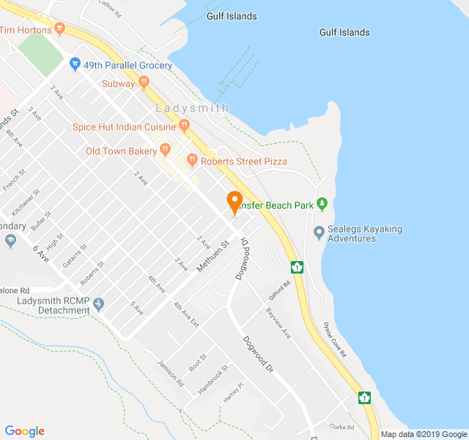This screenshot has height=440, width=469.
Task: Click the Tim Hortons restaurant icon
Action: click(59, 29)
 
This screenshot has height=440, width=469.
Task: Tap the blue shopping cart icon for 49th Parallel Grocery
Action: click(75, 65)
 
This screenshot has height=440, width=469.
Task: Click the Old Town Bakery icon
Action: click(166, 150)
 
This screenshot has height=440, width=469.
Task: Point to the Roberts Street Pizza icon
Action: click(192, 160)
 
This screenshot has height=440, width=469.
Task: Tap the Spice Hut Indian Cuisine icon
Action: click(184, 126)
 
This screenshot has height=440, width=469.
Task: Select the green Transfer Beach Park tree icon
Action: click(321, 205)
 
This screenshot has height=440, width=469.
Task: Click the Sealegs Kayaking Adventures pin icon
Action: click(319, 233)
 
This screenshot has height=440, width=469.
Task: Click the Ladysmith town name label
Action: click(192, 109)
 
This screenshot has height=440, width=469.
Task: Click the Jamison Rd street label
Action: click(171, 373)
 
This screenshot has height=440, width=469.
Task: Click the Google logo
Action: click(25, 431)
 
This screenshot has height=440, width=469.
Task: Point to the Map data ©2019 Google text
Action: click(423, 434)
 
